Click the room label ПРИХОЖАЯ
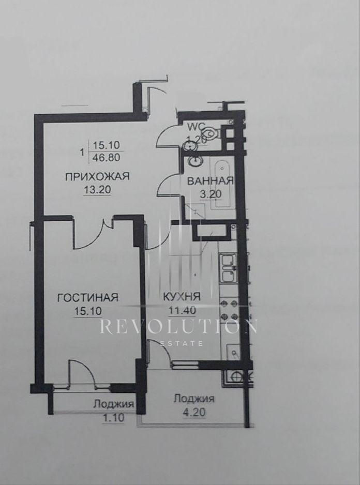[x=97, y=176]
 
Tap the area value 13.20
[x=97, y=190]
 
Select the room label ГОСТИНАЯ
[x=88, y=297]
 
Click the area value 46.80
[x=107, y=157]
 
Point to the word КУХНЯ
[x=182, y=297]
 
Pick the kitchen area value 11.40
[x=182, y=310]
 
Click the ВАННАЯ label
[x=210, y=180]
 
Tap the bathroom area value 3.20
[x=211, y=194]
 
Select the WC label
[x=196, y=127]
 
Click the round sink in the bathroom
[x=196, y=161]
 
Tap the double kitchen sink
[x=228, y=268]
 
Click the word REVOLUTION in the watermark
[x=178, y=327]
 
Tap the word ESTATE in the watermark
[x=182, y=343]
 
